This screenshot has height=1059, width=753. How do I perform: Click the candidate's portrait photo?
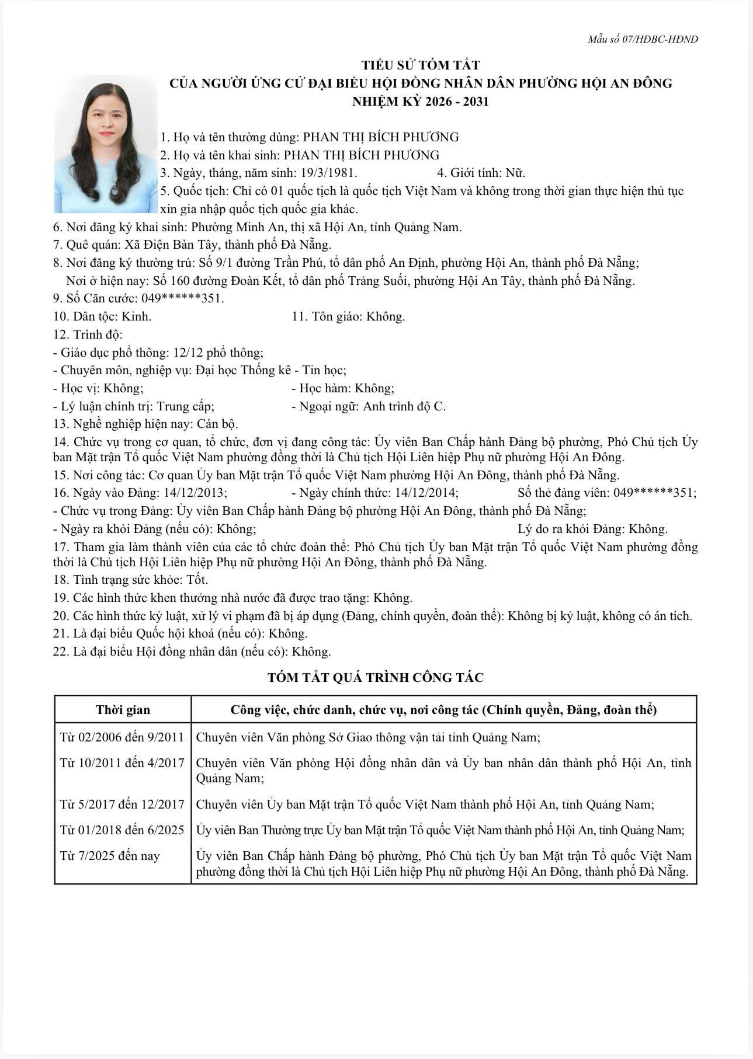tap(106, 145)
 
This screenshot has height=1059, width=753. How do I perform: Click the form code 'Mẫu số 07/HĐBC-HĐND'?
tap(643, 40)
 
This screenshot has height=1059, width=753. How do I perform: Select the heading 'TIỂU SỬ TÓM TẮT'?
tap(421, 65)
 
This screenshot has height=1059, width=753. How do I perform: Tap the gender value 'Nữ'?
tap(515, 173)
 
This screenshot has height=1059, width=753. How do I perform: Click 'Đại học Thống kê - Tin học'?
tap(270, 370)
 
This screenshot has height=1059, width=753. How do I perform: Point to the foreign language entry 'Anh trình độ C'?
tap(404, 406)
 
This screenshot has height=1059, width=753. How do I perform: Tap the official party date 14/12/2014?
tap(426, 493)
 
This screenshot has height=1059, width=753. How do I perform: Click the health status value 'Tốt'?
tap(197, 580)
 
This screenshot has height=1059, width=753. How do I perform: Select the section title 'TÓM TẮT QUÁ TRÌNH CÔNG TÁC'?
tap(376, 678)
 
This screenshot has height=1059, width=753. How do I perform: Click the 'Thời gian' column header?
tap(123, 710)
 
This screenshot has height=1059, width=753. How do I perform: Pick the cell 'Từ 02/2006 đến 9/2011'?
tap(122, 737)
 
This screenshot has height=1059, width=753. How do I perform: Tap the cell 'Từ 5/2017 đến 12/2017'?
tap(122, 804)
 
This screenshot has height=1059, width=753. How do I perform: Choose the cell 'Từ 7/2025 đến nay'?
tap(110, 856)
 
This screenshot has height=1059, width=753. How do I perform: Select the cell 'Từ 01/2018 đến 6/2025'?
tap(122, 830)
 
